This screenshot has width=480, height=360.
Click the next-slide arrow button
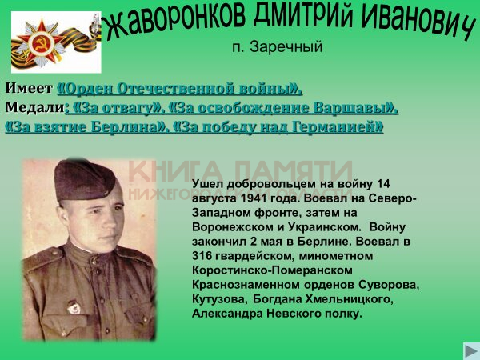click(x=471, y=350)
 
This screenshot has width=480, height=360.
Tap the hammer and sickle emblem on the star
click(x=42, y=44)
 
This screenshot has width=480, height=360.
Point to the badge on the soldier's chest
click(x=74, y=307)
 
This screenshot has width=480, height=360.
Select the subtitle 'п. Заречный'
click(x=278, y=47)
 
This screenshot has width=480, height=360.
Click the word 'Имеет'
click(x=29, y=88)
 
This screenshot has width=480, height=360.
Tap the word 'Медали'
click(x=35, y=107)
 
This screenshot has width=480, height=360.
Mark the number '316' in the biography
click(x=202, y=256)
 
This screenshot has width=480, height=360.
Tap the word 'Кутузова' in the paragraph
click(x=218, y=299)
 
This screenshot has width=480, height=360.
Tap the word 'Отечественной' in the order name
click(x=176, y=89)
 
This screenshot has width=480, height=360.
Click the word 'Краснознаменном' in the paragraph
click(x=246, y=285)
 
